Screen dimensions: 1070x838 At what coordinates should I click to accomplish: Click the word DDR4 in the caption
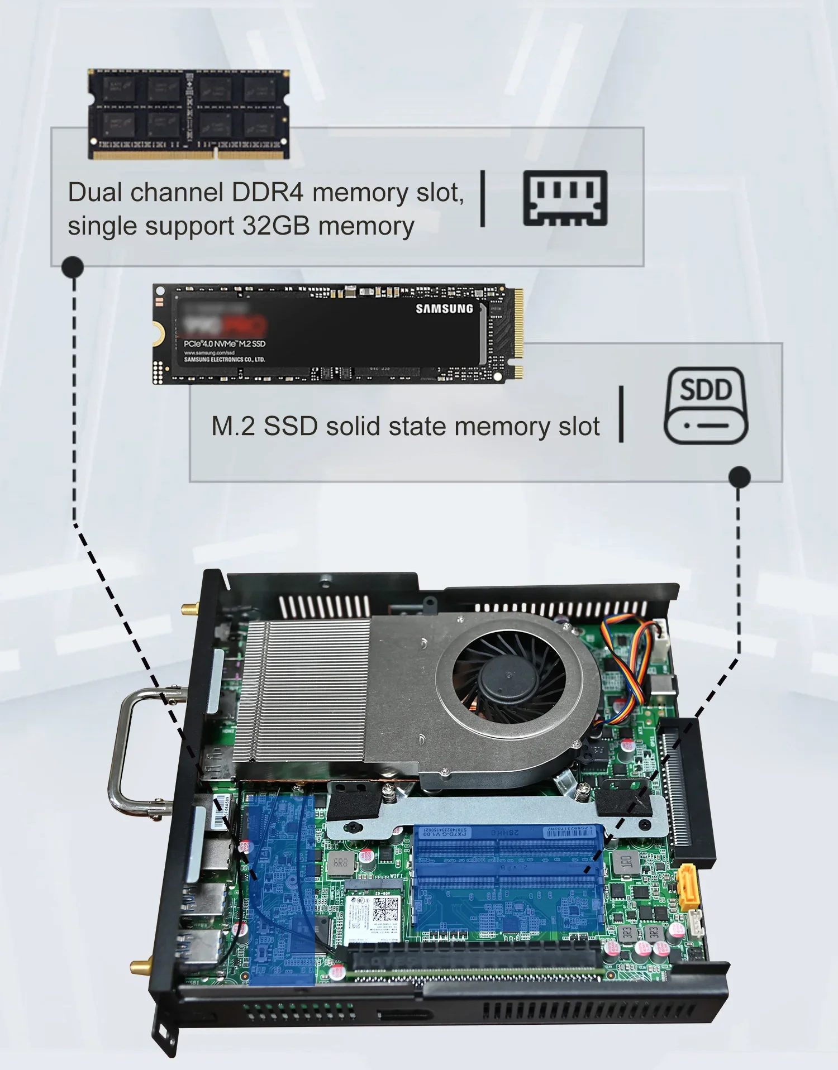(267, 193)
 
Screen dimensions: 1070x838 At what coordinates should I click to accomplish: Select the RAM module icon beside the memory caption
(565, 198)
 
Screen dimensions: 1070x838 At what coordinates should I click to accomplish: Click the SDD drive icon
(706, 405)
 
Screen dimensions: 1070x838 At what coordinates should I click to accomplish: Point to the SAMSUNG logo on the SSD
(444, 309)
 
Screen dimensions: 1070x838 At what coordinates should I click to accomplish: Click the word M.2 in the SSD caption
(233, 426)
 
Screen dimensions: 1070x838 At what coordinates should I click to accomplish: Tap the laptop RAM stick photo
(188, 114)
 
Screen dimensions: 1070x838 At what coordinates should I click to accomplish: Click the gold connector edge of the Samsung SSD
(518, 333)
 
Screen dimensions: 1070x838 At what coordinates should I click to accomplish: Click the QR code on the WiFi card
(384, 910)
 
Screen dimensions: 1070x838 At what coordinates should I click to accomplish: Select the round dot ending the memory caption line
(73, 267)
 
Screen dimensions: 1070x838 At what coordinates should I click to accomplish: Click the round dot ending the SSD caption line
(739, 477)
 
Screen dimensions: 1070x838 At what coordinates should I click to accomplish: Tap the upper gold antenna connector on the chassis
(189, 609)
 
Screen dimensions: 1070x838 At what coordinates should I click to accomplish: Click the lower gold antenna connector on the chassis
(140, 964)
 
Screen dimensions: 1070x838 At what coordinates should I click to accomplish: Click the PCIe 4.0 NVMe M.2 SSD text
(225, 343)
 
